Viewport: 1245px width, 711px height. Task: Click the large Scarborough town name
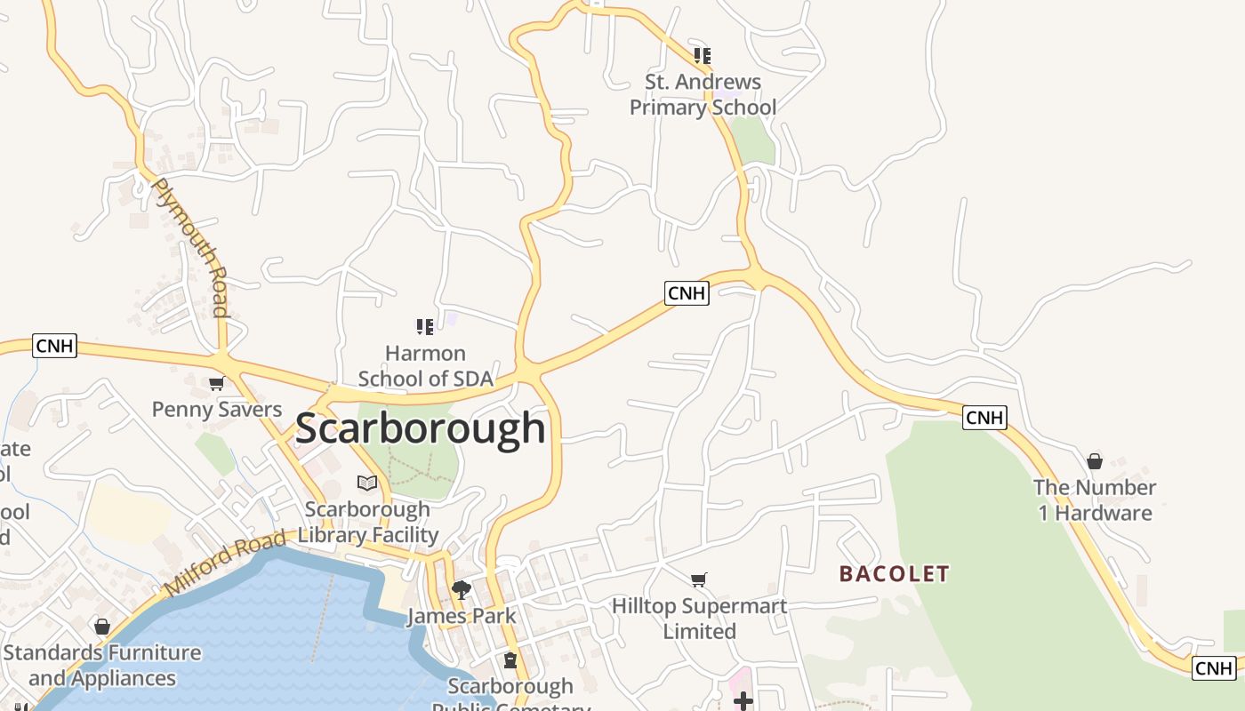(420, 428)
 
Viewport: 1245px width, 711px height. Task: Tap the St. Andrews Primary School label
(703, 94)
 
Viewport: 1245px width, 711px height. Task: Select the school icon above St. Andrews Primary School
(703, 56)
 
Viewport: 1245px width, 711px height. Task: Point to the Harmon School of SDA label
(425, 366)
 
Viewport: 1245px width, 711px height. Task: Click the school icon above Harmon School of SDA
(425, 327)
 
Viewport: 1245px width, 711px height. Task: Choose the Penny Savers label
(217, 410)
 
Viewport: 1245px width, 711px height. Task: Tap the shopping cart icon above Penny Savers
(216, 384)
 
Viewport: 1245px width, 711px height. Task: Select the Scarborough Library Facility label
(368, 523)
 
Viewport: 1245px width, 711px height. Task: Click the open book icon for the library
(367, 483)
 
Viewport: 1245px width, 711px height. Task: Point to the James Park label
(462, 616)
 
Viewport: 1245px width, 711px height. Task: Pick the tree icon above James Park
(461, 589)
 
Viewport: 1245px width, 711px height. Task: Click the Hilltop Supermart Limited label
(699, 619)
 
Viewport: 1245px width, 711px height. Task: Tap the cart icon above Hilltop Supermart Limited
(699, 579)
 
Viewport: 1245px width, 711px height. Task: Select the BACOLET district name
(895, 574)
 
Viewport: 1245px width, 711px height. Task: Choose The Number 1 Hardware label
(1094, 500)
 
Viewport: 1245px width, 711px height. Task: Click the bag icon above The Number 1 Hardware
(1095, 461)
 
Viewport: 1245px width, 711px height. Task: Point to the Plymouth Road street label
(192, 247)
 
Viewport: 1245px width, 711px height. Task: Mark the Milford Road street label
(225, 563)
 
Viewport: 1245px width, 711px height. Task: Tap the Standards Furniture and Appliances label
(102, 666)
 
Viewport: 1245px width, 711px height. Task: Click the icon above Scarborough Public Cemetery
(510, 660)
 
